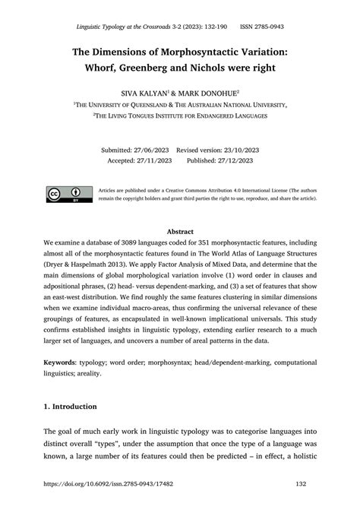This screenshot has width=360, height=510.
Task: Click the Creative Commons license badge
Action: click(x=66, y=195)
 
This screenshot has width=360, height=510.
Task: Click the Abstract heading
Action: click(x=180, y=231)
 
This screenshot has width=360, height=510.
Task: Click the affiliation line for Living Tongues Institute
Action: click(x=180, y=116)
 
